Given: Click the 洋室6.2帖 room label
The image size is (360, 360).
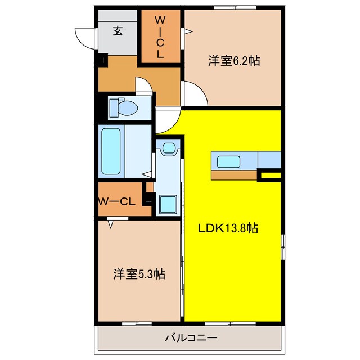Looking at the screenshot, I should pyautogui.click(x=233, y=61).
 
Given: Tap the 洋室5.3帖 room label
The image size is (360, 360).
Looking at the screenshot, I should pyautogui.click(x=138, y=274).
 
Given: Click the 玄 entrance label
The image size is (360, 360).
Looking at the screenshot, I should pyautogui.click(x=118, y=31).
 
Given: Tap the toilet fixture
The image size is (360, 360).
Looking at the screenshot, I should pyautogui.click(x=123, y=107).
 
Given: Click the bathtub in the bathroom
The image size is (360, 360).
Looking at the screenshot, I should pyautogui.click(x=110, y=151).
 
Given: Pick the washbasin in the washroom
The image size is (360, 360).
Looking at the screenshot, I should pyautogui.click(x=168, y=149).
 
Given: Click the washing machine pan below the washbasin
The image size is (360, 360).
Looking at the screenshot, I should pyautogui.click(x=168, y=204).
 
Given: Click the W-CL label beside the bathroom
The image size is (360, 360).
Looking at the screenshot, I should pyautogui.click(x=116, y=201).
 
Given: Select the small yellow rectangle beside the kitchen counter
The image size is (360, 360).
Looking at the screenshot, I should pyautogui.click(x=269, y=177).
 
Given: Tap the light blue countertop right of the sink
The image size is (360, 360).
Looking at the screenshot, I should pyautogui.click(x=269, y=160).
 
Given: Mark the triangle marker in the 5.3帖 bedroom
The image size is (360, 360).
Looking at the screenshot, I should pyautogui.click(x=111, y=224).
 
